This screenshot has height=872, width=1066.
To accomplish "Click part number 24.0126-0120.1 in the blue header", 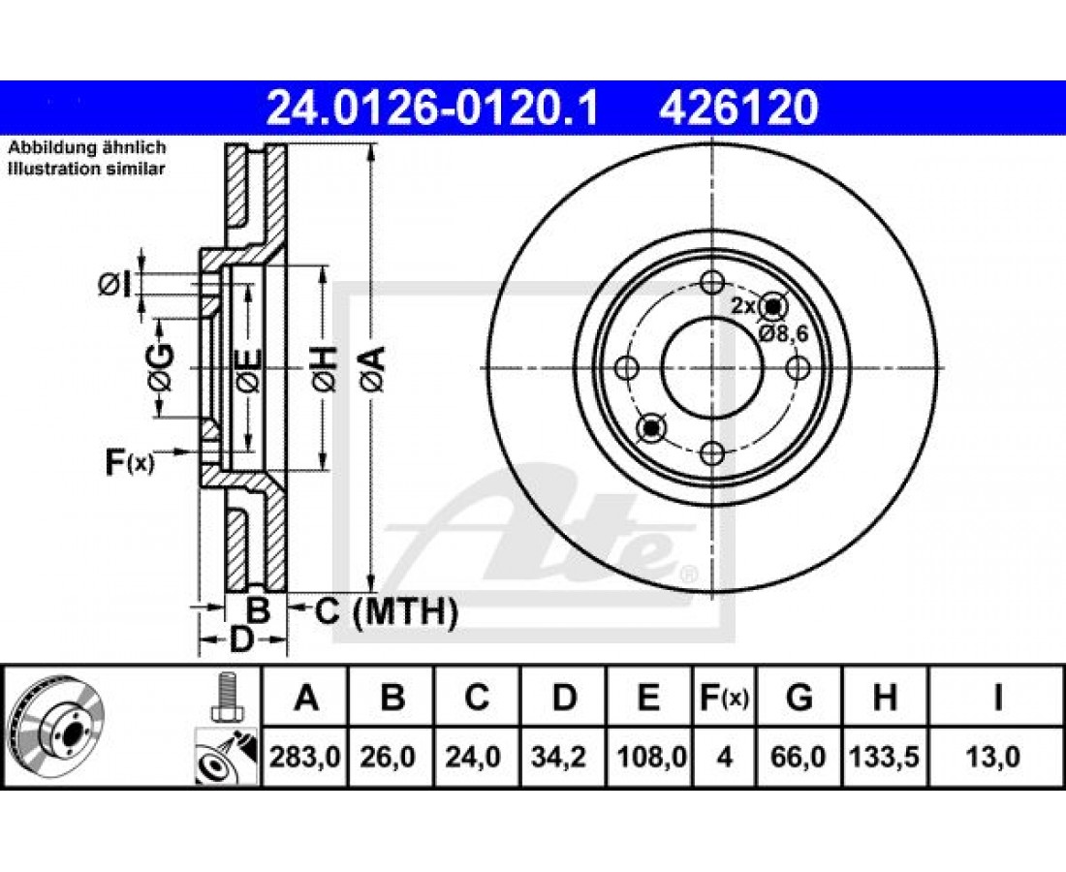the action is coord(433,108).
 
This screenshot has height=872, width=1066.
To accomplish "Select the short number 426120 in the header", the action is coord(737,108).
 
